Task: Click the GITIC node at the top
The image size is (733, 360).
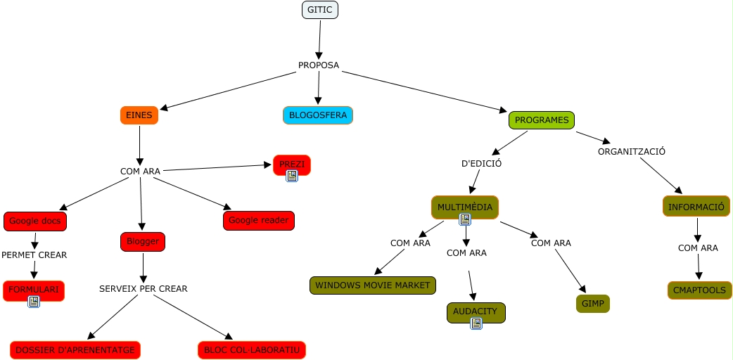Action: pyautogui.click(x=320, y=10)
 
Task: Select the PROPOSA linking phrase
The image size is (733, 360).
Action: pyautogui.click(x=319, y=65)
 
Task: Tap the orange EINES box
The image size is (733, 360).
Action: pyautogui.click(x=139, y=115)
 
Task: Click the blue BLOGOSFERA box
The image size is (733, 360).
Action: pyautogui.click(x=318, y=115)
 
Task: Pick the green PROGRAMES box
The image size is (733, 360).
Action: pyautogui.click(x=542, y=120)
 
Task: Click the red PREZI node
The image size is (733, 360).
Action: pyautogui.click(x=292, y=164)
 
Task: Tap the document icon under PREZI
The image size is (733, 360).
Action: pyautogui.click(x=292, y=176)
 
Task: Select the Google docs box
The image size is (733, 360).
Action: pyautogui.click(x=35, y=221)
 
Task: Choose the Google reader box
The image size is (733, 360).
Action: pyautogui.click(x=259, y=220)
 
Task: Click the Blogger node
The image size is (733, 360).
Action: pyautogui.click(x=143, y=242)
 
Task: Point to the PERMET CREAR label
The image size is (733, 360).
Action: pyautogui.click(x=34, y=255)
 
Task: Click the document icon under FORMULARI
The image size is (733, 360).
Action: pyautogui.click(x=34, y=302)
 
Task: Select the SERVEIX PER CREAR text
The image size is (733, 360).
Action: pyautogui.click(x=144, y=288)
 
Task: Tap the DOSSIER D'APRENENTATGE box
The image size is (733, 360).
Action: pyautogui.click(x=75, y=349)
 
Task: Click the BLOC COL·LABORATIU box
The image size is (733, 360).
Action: pyautogui.click(x=252, y=349)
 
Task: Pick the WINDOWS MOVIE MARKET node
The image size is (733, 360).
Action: pyautogui.click(x=373, y=285)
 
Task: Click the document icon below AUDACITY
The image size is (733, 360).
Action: pyautogui.click(x=476, y=323)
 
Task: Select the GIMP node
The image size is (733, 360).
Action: pyautogui.click(x=592, y=304)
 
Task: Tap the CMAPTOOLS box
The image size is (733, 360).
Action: pyautogui.click(x=700, y=290)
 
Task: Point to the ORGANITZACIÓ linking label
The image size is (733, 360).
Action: pyautogui.click(x=632, y=151)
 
